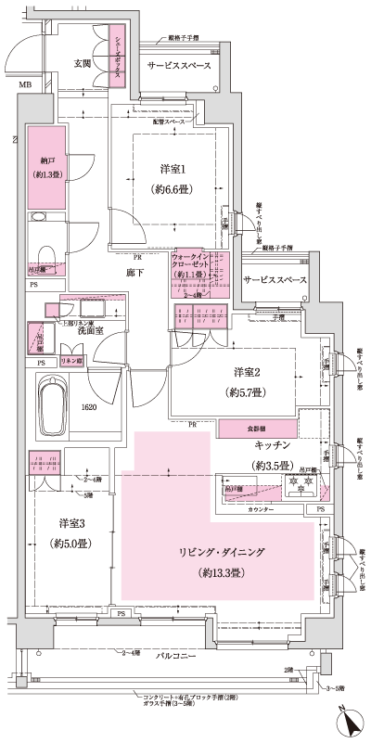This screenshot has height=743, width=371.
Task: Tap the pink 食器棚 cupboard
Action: click(x=258, y=429)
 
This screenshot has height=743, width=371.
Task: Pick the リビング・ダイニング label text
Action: click(x=222, y=552)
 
